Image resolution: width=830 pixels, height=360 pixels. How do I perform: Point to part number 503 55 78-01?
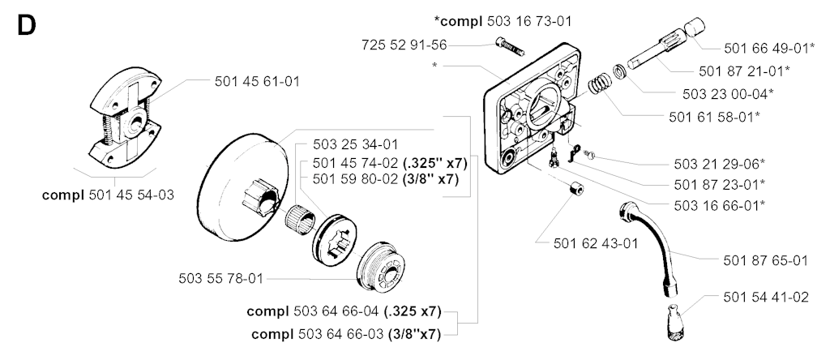pyautogui.click(x=220, y=279)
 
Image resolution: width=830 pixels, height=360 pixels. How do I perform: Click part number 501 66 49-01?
pyautogui.click(x=768, y=48)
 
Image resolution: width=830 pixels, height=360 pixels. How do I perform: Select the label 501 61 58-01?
pyautogui.click(x=714, y=117)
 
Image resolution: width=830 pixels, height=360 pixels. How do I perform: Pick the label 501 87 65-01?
pyautogui.click(x=765, y=260)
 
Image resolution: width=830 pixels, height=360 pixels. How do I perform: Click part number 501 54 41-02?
pyautogui.click(x=765, y=297)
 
